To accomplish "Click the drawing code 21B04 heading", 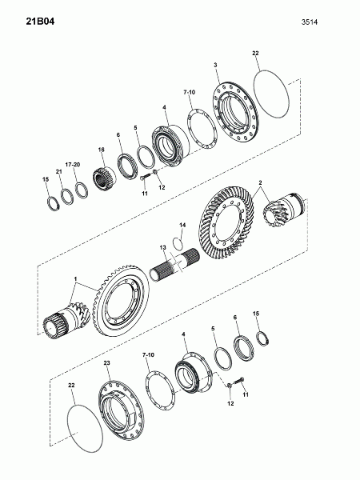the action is (x=40, y=22).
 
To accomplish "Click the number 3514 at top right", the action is (x=309, y=22).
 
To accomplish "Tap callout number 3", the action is (x=215, y=65).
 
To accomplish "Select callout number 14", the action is (x=182, y=226).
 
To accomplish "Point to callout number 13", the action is (x=162, y=247).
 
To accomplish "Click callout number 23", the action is (x=106, y=362).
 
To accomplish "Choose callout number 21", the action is (x=58, y=172).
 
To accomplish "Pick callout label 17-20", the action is (x=73, y=165).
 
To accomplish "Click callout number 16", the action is (x=102, y=150).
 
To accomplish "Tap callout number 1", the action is (x=76, y=279).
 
